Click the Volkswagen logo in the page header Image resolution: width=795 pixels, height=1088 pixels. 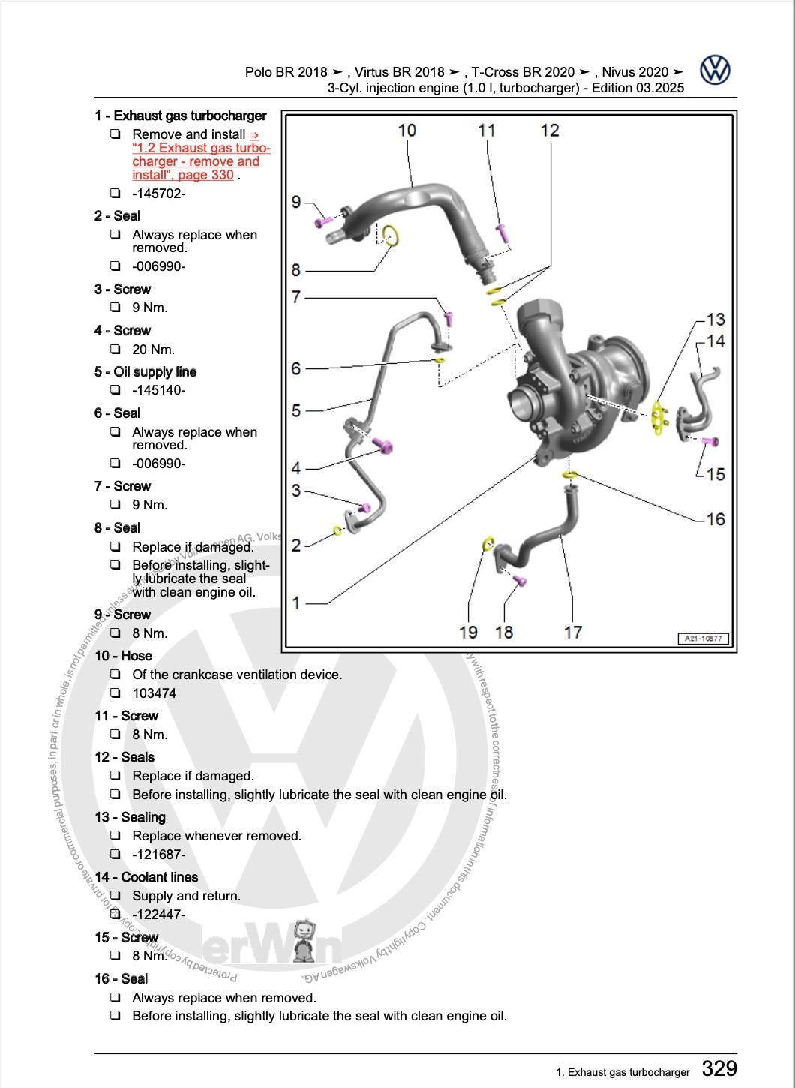click(x=715, y=70)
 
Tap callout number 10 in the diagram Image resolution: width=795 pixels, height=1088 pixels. click(x=406, y=130)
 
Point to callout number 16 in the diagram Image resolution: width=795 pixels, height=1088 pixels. click(x=715, y=518)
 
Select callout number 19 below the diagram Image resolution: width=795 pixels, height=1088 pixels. click(x=468, y=632)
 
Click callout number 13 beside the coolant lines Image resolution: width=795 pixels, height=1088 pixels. click(x=715, y=320)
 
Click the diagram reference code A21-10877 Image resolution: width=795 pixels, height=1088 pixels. click(x=703, y=639)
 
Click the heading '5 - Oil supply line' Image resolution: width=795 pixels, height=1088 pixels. click(x=145, y=372)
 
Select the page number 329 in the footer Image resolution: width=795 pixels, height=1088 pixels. click(x=718, y=1068)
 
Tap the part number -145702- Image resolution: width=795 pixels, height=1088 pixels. click(x=158, y=194)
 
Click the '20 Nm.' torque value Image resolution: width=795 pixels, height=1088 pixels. click(x=153, y=350)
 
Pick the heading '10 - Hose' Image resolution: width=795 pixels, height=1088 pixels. click(x=123, y=656)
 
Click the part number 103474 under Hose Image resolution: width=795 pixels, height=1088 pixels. click(x=154, y=693)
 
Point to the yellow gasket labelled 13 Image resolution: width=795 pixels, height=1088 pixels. click(x=658, y=419)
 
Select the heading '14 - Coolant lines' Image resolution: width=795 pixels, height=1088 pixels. click(x=146, y=877)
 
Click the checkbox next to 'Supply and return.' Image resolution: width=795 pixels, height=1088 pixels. click(x=115, y=896)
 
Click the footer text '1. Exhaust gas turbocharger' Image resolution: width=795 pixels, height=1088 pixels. click(x=622, y=1072)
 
